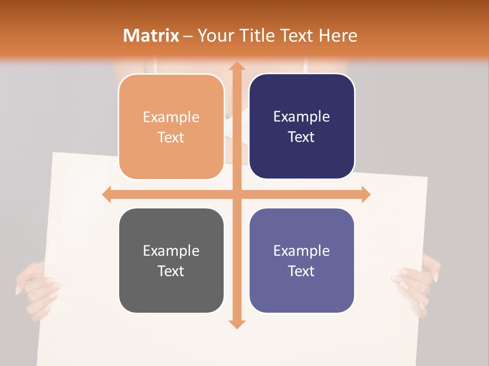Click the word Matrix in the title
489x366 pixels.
tap(151, 36)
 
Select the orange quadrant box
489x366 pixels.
tap(171, 127)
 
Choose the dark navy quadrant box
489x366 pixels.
tap(302, 127)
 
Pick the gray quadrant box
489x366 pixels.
tap(171, 260)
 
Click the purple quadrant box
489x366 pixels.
tap(302, 260)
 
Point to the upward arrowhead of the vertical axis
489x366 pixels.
tap(236, 67)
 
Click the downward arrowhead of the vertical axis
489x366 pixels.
tap(236, 324)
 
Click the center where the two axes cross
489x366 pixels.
tap(236, 195)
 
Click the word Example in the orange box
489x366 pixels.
tap(171, 117)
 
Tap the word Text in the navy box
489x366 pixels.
tap(302, 137)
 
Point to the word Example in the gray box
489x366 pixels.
tap(171, 251)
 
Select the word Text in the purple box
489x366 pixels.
tap(302, 271)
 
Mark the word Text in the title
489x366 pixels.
tap(295, 36)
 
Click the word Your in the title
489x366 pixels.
tap(214, 36)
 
